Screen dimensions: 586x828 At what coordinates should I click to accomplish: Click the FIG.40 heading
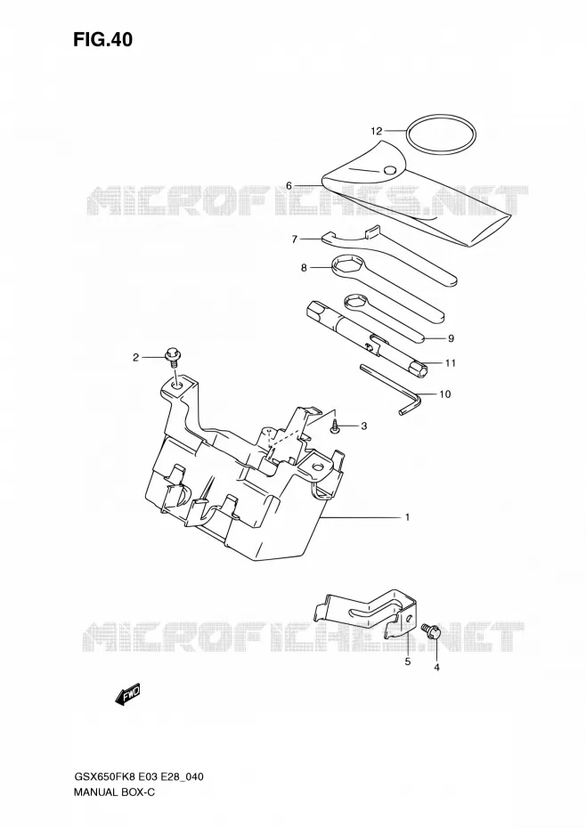point(102,39)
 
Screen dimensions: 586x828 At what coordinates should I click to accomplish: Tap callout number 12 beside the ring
point(376,130)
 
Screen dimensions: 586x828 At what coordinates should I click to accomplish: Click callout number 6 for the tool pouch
point(289,185)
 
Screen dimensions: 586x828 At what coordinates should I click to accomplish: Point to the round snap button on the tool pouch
point(390,169)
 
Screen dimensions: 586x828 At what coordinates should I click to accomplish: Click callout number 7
point(295,239)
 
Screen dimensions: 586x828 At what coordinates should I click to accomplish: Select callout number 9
point(451,338)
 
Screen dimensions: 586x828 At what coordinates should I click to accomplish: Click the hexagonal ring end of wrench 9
point(354,303)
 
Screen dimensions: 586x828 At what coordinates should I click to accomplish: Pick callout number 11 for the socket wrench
point(451,362)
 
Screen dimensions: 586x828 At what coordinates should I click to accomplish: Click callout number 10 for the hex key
point(445,394)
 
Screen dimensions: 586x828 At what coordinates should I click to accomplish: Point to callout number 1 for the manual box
point(407,517)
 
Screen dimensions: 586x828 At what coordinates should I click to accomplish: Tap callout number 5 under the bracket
point(407,662)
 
